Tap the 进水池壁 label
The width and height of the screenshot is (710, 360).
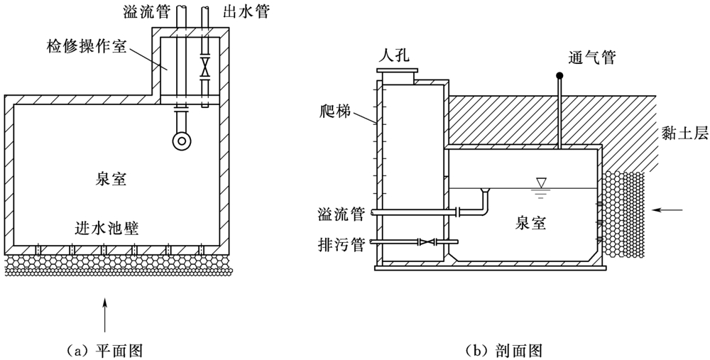coord(106,229)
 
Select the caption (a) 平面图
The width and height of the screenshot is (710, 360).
coord(104,350)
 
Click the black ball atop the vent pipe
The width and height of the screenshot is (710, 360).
coord(560,75)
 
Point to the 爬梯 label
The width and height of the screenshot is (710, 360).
coord(337,111)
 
